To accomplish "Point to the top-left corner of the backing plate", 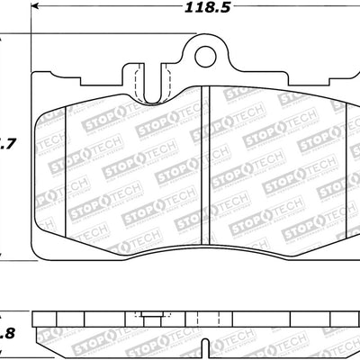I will pyautogui.click(x=34, y=71).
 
